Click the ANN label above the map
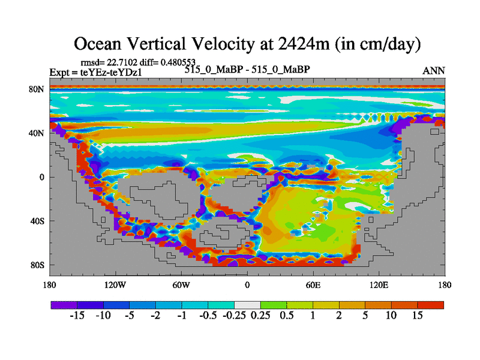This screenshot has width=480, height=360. (x=434, y=71)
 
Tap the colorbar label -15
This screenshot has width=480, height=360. (x=76, y=316)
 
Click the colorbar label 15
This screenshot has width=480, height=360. (x=417, y=316)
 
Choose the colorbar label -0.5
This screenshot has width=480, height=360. (x=208, y=316)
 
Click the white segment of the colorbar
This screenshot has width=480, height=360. (x=247, y=305)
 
